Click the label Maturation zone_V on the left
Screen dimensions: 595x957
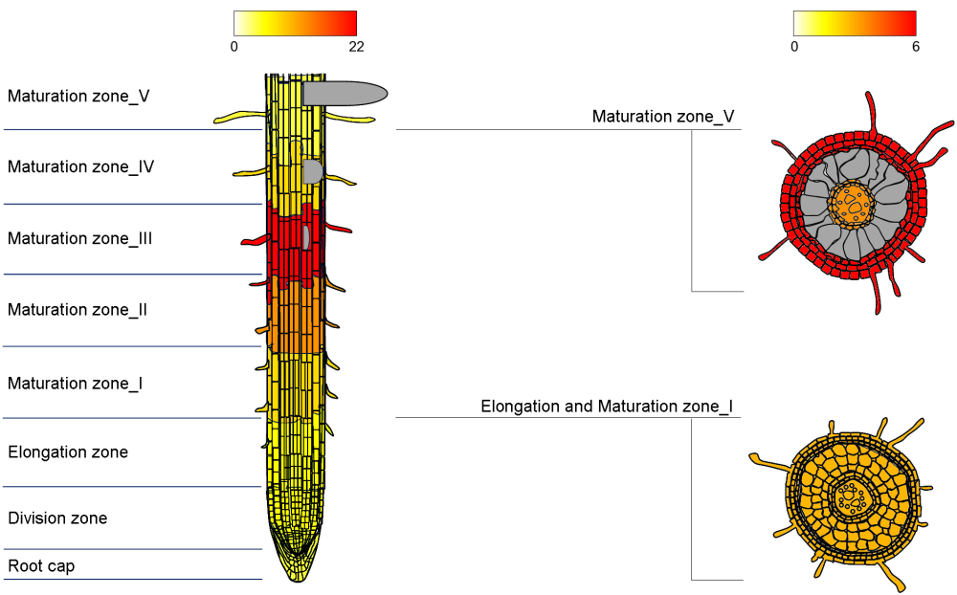pos(78,96)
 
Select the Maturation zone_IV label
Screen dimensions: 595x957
pos(81,166)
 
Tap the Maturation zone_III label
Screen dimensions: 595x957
pos(80,238)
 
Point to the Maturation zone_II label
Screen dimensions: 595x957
pos(78,310)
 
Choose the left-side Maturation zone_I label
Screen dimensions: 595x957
pos(76,383)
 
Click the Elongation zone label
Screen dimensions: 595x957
pos(68,452)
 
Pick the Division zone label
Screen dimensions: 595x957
pos(57,518)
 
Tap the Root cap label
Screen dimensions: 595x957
pos(41,566)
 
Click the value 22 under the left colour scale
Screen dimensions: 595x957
pos(356,46)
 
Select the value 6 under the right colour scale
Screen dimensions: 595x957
pos(916,46)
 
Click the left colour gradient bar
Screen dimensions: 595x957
pos(295,23)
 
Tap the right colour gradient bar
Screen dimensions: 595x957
pos(855,23)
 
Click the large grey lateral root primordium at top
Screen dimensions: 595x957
pos(345,93)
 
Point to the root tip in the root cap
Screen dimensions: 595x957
pos(296,569)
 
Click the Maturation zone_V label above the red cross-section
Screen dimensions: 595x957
pos(663,117)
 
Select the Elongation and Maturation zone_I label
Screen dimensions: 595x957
pos(607,407)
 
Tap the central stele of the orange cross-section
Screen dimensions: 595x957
pos(850,497)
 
